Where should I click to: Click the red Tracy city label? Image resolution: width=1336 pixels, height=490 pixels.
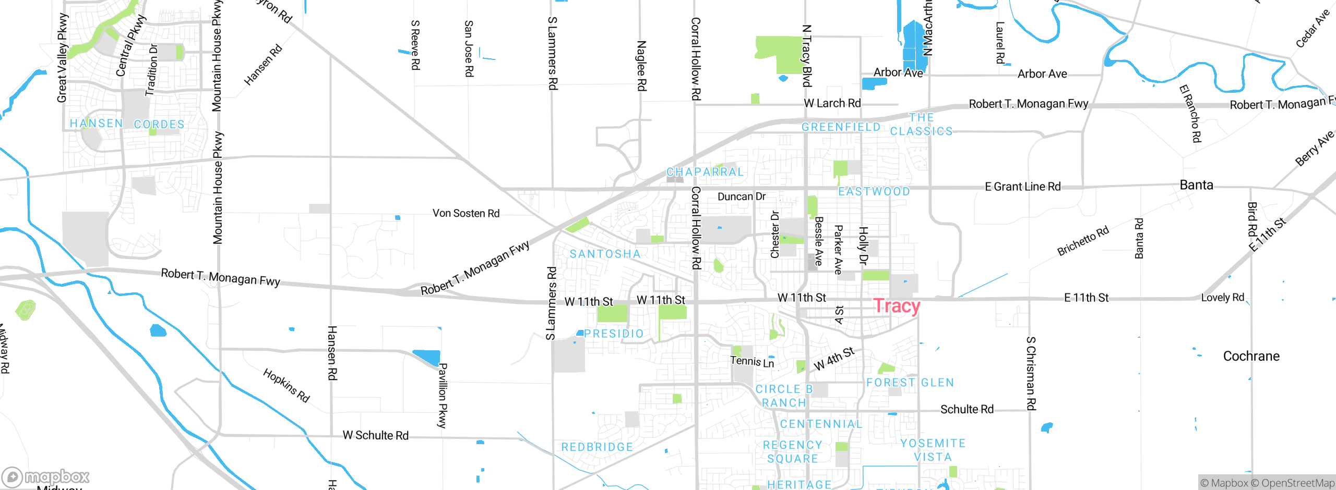click(x=897, y=306)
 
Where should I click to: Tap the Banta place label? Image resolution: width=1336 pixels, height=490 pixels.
click(x=1196, y=185)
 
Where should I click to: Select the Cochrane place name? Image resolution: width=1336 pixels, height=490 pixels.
click(x=1251, y=356)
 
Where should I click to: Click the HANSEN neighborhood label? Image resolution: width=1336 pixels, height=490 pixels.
click(x=97, y=124)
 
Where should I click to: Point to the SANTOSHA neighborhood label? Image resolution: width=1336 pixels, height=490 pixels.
click(x=605, y=254)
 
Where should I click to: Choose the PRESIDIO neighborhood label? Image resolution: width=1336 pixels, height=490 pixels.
click(x=614, y=334)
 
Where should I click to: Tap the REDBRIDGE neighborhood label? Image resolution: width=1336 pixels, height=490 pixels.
click(x=597, y=447)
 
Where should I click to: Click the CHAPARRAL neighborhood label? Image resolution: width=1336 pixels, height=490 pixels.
click(x=705, y=172)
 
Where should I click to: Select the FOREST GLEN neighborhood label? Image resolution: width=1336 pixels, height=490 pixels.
click(x=910, y=383)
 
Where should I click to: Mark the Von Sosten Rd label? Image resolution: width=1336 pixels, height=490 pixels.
click(x=466, y=213)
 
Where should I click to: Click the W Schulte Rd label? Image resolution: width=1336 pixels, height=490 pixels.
click(x=375, y=435)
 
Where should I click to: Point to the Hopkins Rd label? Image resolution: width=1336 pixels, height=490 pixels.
click(x=286, y=385)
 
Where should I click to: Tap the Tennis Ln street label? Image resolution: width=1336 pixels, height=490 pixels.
click(x=752, y=361)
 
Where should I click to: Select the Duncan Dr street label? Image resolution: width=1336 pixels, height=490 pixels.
click(x=741, y=197)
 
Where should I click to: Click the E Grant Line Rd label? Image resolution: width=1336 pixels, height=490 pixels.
click(x=1022, y=187)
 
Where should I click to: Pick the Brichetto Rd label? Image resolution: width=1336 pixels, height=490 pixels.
click(x=1082, y=241)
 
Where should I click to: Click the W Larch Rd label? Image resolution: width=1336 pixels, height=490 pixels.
click(x=832, y=103)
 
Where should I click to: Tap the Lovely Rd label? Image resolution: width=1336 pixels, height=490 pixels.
click(x=1222, y=298)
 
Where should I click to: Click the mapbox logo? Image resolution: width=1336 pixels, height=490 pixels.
click(x=46, y=477)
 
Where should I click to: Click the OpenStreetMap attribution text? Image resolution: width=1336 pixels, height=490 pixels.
click(x=1297, y=483)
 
